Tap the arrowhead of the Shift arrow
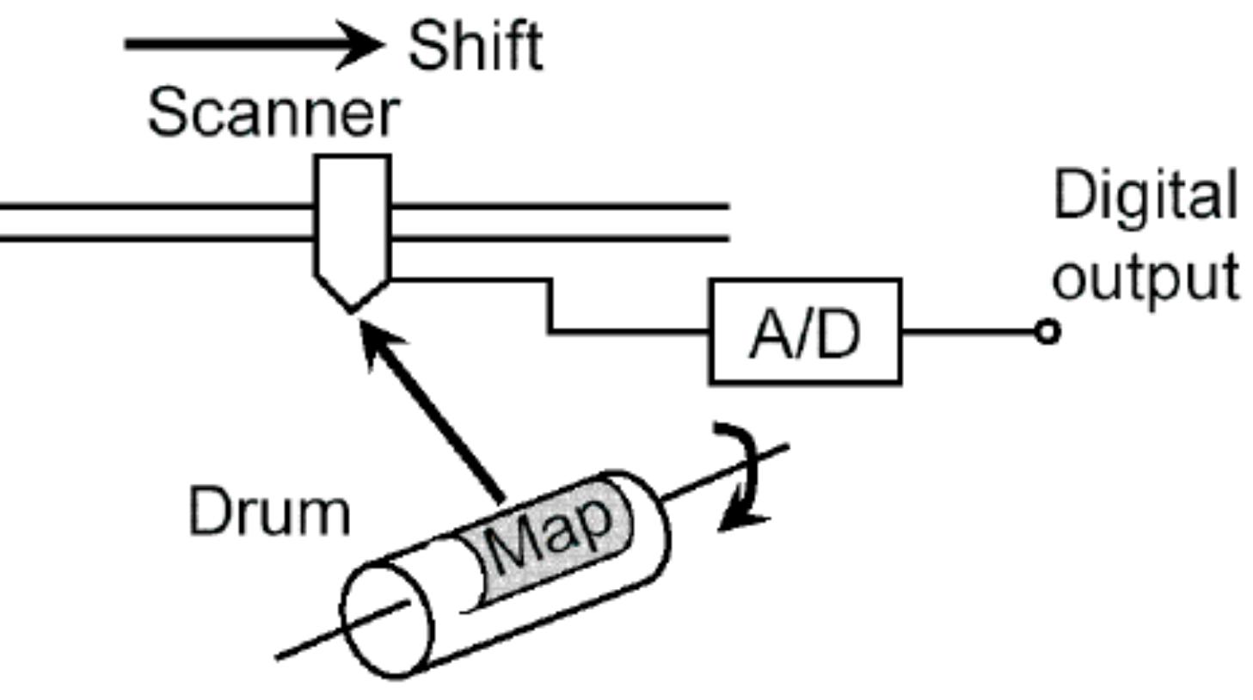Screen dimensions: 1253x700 point(361,45)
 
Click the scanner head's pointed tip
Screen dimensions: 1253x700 point(351,311)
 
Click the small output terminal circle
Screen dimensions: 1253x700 point(1047,332)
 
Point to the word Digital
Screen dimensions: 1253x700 point(1145,196)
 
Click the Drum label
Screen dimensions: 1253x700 point(270,512)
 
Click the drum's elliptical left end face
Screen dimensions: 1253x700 point(387,620)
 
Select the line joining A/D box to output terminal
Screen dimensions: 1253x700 point(969,332)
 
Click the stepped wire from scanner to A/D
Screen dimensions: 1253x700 point(550,305)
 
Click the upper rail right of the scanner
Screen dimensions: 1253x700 point(559,206)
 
